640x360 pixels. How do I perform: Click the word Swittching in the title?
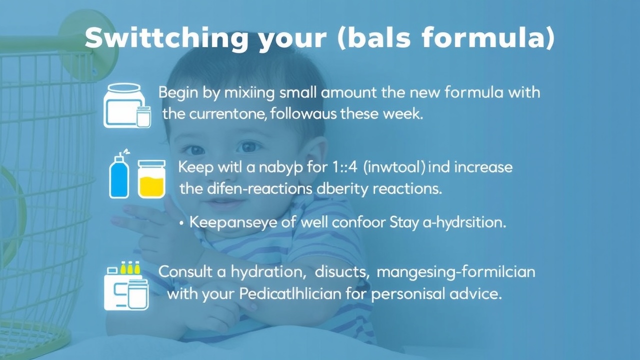[x=166, y=38]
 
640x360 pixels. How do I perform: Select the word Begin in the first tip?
[x=178, y=93]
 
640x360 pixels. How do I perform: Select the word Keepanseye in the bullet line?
[x=233, y=222]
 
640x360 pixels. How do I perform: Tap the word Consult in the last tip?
[x=185, y=271]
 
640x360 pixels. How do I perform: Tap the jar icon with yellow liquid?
[x=151, y=179]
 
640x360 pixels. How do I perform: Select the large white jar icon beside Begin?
[x=124, y=105]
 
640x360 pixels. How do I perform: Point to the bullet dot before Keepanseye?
[x=181, y=223]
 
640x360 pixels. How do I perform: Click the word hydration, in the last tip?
[x=267, y=271]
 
